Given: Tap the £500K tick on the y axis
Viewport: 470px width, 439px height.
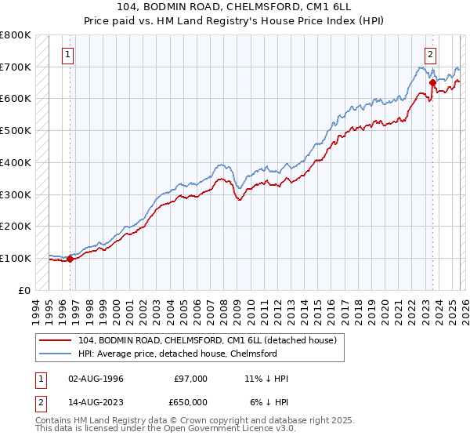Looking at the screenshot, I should coord(15,130).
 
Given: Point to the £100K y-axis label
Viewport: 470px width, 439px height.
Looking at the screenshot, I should coord(15,258).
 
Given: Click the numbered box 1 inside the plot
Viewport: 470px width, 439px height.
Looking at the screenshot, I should coord(69,55).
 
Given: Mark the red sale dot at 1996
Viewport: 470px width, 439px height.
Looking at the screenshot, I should coord(70,259).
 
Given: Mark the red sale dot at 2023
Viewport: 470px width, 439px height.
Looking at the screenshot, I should coord(432,82).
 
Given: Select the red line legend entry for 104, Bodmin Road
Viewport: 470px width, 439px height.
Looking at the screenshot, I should coord(208,339).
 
